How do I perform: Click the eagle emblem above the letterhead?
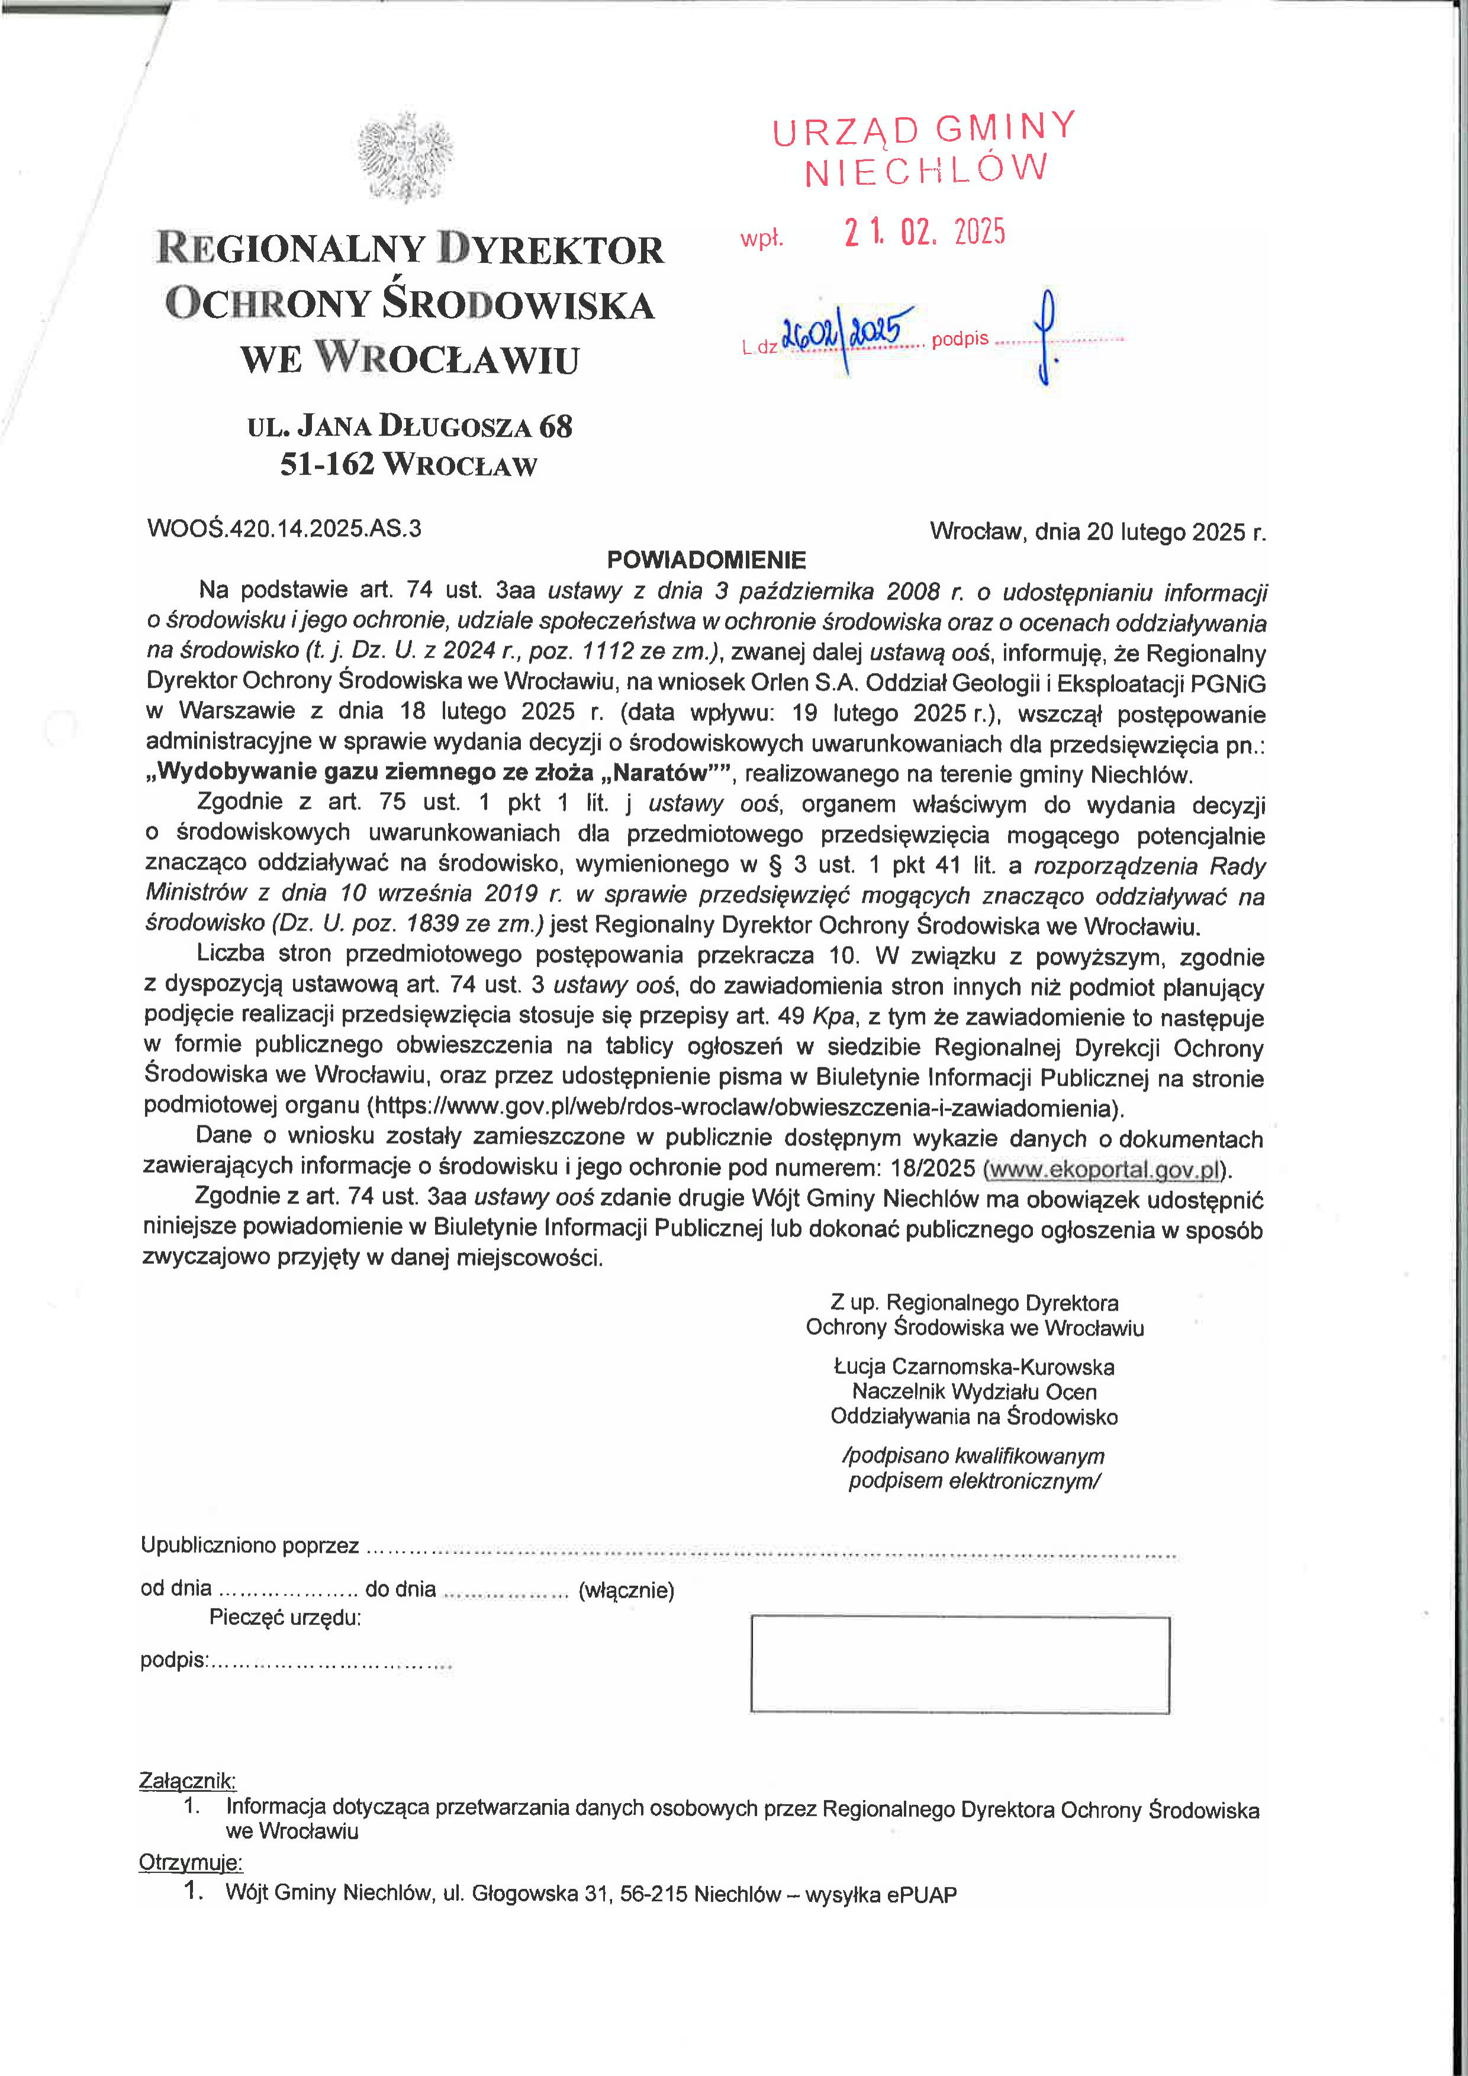tap(405, 156)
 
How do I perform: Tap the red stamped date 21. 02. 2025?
tap(924, 233)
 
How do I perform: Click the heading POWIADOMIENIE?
tap(706, 559)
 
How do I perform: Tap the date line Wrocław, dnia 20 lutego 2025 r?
tap(1097, 532)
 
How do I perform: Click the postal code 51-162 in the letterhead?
tap(326, 465)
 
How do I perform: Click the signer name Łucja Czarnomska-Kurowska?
tap(974, 1366)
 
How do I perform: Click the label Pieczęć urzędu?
tap(285, 1618)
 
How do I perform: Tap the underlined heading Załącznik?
tap(187, 1781)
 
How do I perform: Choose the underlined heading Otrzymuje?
tap(190, 1863)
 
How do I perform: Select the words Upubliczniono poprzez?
tap(249, 1545)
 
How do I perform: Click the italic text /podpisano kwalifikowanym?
tap(973, 1456)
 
